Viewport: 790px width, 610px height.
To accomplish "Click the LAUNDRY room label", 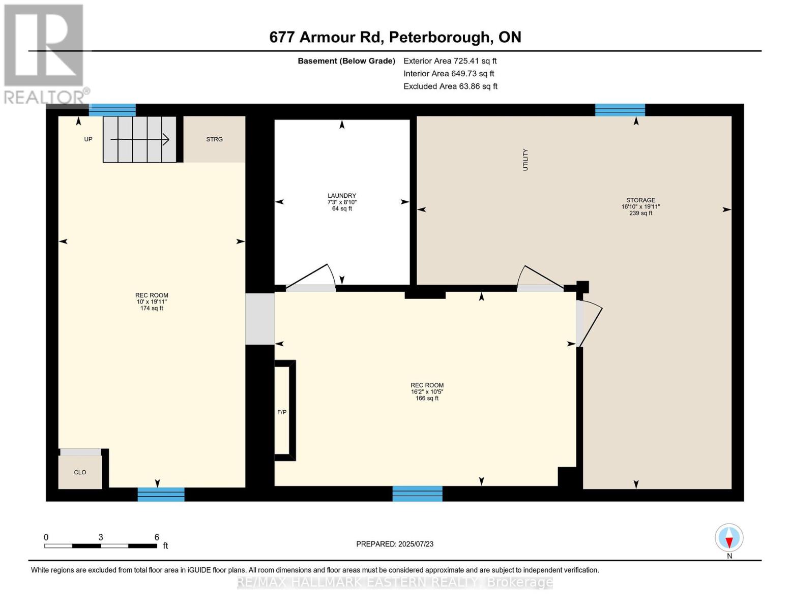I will [342, 196].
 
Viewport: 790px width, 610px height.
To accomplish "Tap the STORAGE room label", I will [640, 200].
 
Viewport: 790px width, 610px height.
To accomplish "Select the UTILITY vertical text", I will [525, 160].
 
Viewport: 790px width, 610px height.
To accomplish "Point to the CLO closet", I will [80, 472].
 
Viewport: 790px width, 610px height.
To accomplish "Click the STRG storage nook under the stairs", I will [214, 139].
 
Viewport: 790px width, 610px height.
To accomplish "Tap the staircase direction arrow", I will [140, 139].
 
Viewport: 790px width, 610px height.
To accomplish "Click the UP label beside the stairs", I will [88, 139].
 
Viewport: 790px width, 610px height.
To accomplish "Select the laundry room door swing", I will [311, 277].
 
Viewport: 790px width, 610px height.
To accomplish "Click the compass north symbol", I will [729, 538].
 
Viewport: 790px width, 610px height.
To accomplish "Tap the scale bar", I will [101, 546].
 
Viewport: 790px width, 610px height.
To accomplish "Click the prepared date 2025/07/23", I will [395, 544].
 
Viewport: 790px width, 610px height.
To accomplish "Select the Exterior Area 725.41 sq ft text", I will [450, 61].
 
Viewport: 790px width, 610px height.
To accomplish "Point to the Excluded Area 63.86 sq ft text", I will [450, 86].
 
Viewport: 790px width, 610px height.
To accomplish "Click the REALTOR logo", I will [45, 53].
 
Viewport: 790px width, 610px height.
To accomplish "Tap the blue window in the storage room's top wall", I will [620, 110].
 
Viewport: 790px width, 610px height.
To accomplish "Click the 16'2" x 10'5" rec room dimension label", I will [427, 392].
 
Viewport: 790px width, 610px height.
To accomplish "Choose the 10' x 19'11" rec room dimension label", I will [152, 302].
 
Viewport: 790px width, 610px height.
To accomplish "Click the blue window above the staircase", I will [112, 110].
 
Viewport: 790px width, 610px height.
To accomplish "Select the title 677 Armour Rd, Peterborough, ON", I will [395, 37].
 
